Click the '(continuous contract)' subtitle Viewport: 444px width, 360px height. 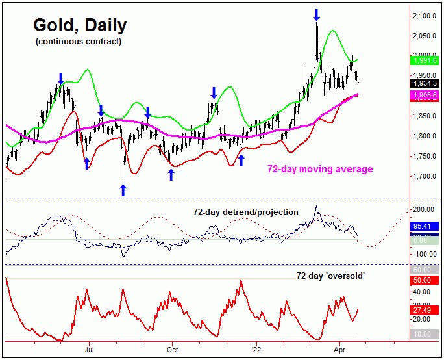[x=69, y=42]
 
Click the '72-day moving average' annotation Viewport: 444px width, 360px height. [x=320, y=169]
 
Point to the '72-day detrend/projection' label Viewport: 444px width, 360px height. [x=245, y=212]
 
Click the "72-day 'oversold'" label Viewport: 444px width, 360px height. [x=330, y=276]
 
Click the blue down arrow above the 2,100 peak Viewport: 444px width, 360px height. [x=316, y=14]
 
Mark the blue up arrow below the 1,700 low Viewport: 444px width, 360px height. [x=123, y=189]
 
